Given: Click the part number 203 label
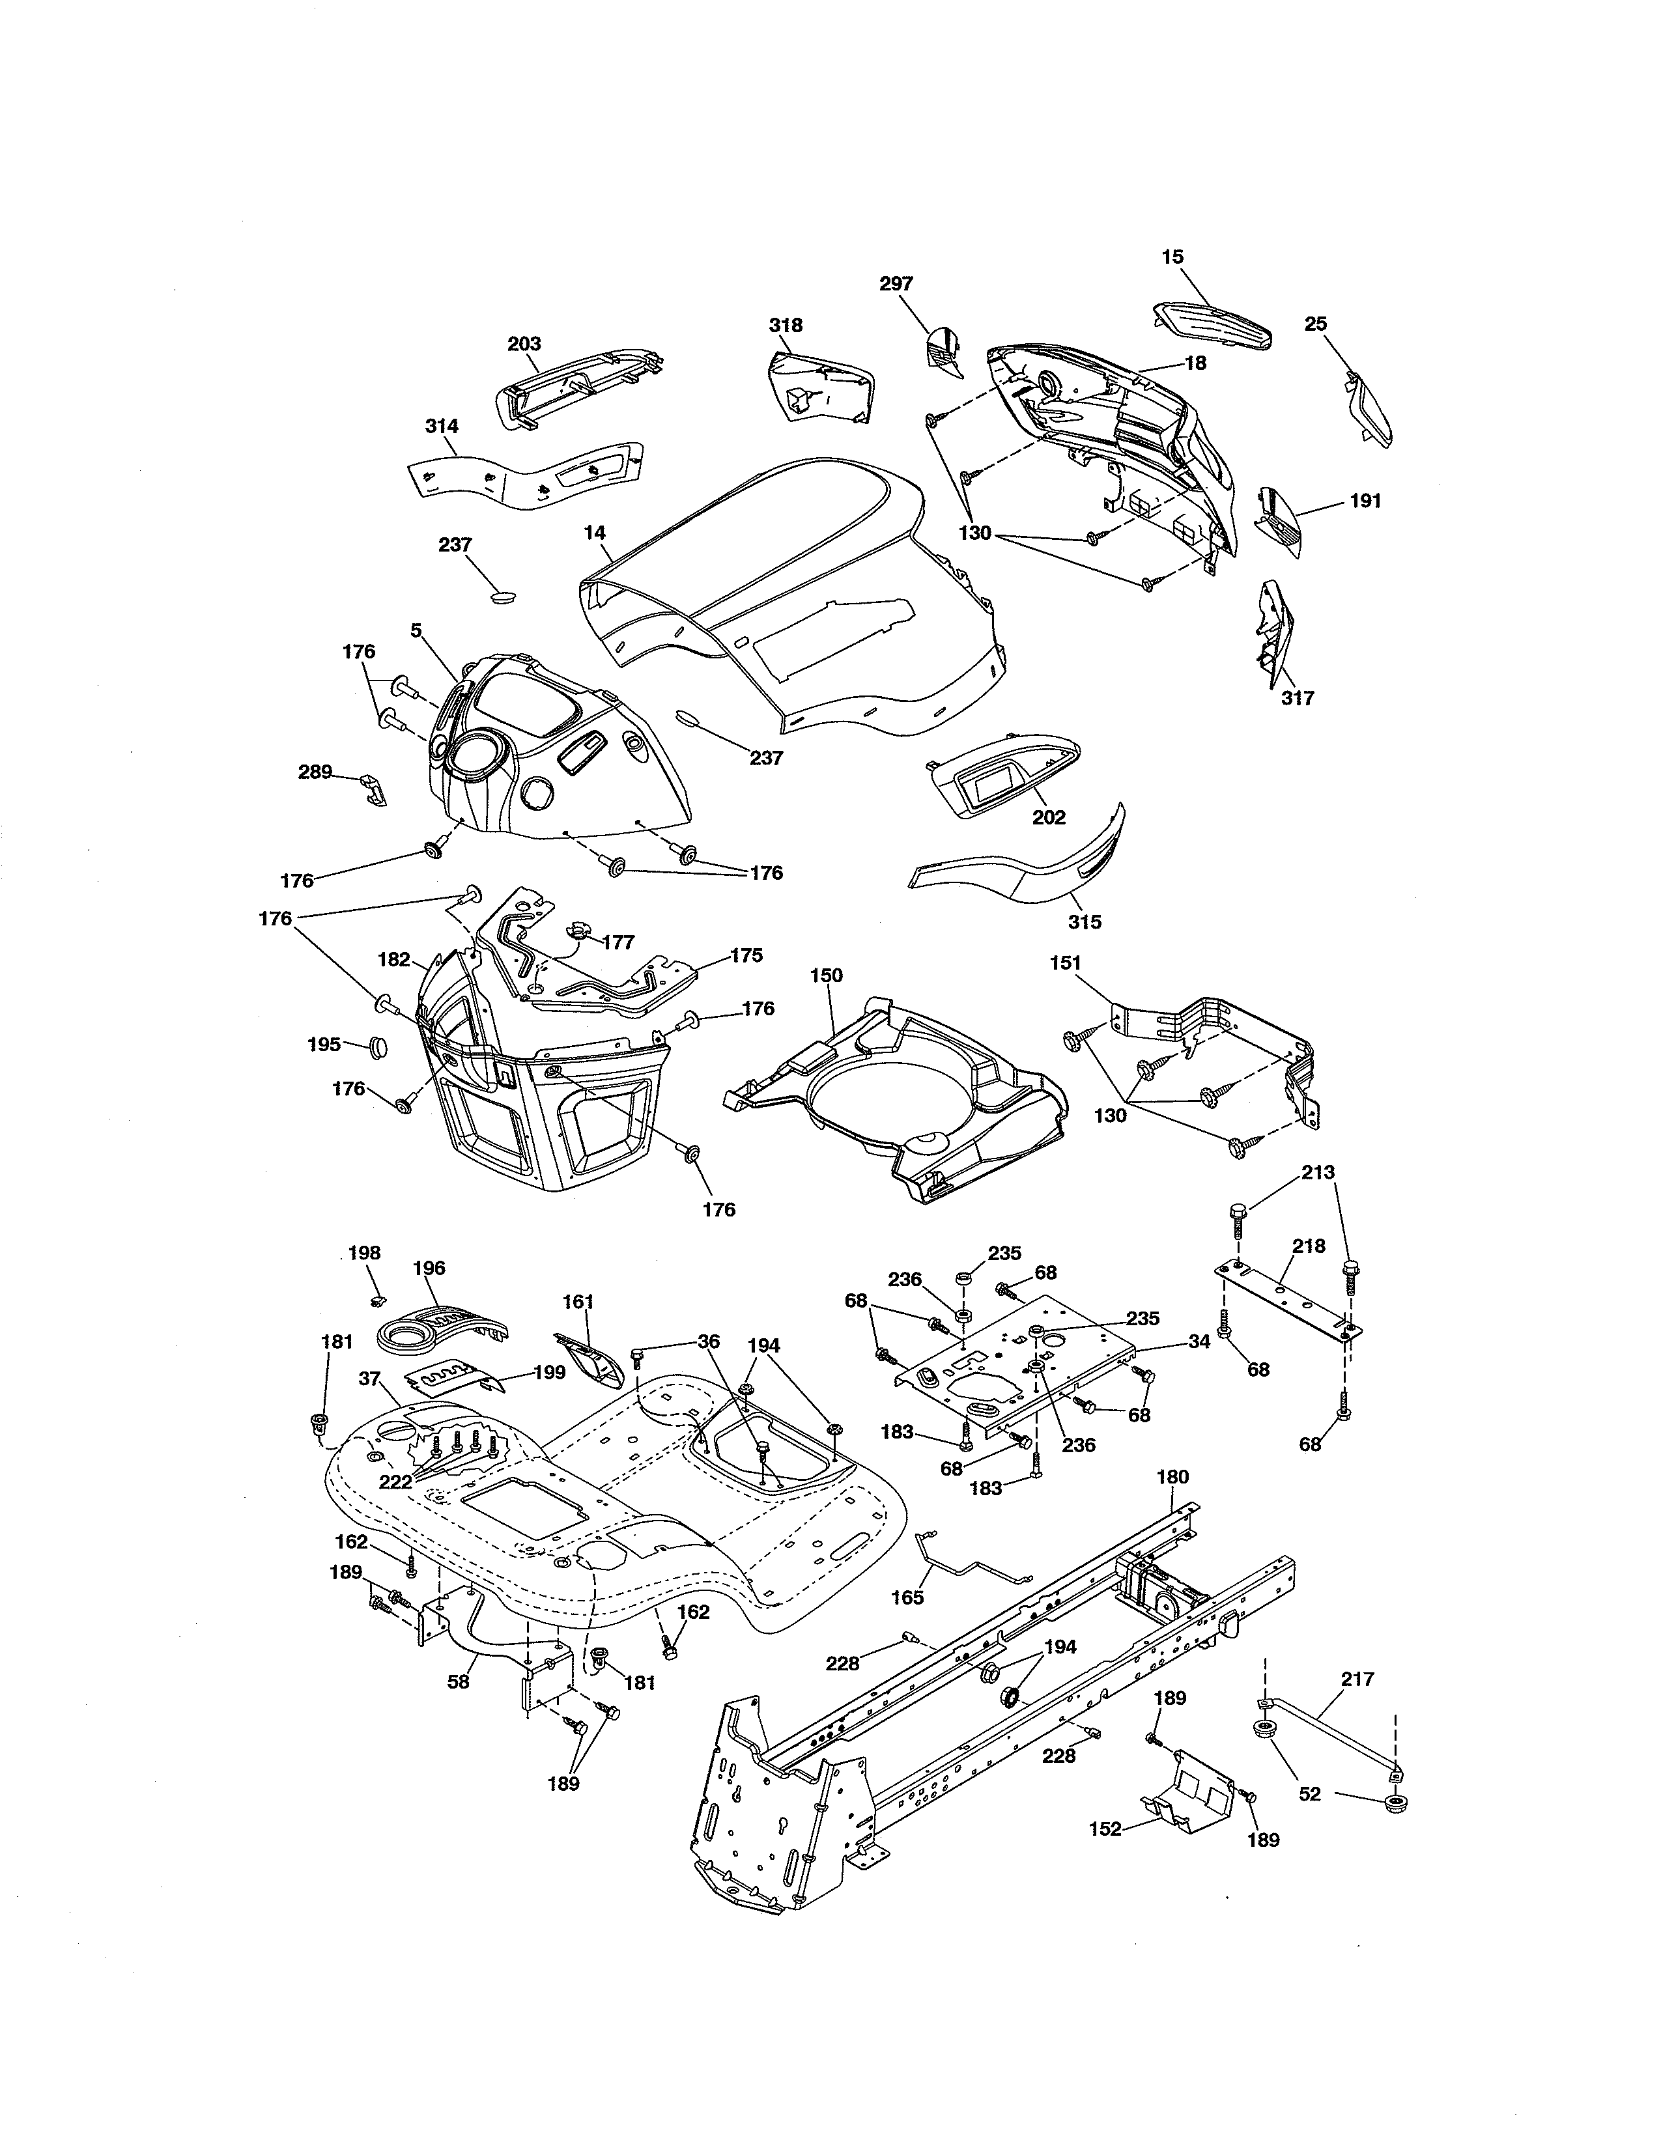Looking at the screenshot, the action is (x=524, y=343).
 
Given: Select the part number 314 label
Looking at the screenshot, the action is (x=442, y=426).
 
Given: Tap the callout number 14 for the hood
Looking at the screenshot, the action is (x=594, y=532).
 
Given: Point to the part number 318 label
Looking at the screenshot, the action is (x=786, y=325).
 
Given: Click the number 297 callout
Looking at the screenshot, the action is (x=896, y=283).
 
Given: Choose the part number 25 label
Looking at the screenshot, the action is (x=1316, y=324).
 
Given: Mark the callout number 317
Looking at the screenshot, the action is (x=1298, y=699).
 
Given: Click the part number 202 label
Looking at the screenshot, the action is (x=1049, y=818).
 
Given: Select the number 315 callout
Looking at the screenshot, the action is (x=1085, y=922).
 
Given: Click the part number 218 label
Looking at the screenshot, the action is (x=1309, y=1246).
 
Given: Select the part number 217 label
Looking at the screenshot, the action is (x=1358, y=1679).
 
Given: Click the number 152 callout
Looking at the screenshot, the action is (x=1106, y=1829).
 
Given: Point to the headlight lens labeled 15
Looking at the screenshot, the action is (x=1212, y=325).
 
